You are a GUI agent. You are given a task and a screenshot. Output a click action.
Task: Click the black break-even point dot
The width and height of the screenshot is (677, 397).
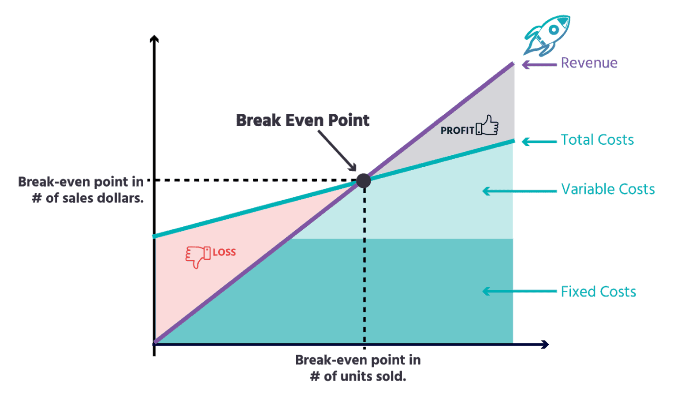click(364, 181)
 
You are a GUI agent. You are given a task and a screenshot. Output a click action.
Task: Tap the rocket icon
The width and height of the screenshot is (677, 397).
click(547, 36)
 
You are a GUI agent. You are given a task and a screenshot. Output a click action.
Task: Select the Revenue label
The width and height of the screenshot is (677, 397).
click(589, 63)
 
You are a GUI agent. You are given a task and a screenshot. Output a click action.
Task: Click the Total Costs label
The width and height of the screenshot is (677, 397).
click(598, 140)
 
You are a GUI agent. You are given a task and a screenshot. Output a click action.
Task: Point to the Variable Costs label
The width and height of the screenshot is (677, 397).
click(608, 189)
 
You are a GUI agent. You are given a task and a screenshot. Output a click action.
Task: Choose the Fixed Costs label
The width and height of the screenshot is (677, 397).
click(599, 292)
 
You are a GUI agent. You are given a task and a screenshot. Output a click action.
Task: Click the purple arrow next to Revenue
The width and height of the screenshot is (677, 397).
click(539, 64)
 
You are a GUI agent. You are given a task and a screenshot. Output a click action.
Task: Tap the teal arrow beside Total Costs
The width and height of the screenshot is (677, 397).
click(539, 141)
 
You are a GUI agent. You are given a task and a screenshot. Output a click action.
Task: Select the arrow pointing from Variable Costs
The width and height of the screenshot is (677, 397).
click(520, 191)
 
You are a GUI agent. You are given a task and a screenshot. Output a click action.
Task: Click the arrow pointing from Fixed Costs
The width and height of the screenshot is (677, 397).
click(520, 291)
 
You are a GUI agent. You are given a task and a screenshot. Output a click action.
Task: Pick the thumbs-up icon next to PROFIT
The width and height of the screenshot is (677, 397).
click(487, 125)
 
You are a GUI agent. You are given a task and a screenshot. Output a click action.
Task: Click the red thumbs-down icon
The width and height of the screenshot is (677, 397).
click(198, 257)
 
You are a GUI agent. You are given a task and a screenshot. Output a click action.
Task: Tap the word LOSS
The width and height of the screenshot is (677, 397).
click(224, 252)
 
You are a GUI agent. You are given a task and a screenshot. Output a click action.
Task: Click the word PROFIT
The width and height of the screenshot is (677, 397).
click(457, 131)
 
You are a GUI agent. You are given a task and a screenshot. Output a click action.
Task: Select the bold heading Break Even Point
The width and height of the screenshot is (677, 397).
click(302, 120)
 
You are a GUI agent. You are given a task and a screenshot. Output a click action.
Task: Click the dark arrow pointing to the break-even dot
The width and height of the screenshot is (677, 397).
click(337, 151)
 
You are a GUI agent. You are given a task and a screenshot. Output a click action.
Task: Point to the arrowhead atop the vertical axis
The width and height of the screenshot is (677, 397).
click(154, 39)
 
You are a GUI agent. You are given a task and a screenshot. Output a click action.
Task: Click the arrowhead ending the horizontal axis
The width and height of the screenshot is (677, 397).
click(545, 345)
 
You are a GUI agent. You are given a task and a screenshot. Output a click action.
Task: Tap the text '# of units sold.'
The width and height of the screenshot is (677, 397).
click(358, 377)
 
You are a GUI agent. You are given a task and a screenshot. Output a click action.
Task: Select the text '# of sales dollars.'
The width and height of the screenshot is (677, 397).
click(88, 198)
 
